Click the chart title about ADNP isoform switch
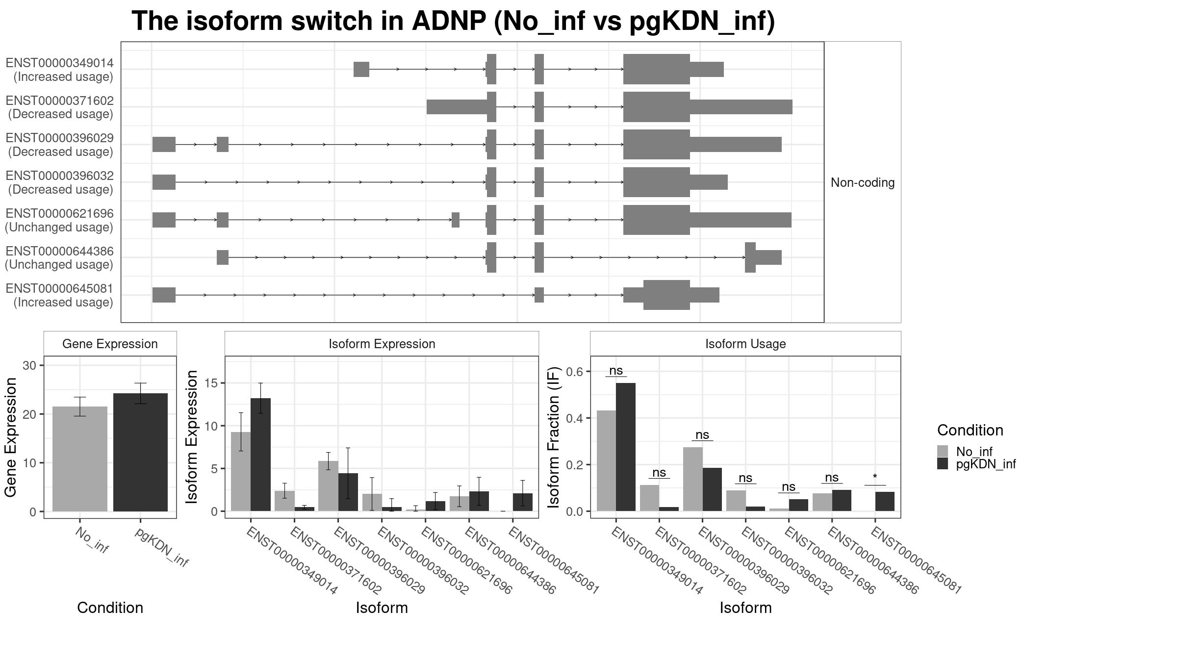click(x=453, y=22)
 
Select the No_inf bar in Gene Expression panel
click(x=79, y=458)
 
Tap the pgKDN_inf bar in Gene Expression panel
click(x=140, y=452)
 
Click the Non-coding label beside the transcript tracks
click(x=862, y=183)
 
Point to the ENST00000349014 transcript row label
click(x=60, y=70)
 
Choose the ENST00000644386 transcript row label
click(x=60, y=258)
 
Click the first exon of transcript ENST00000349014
click(x=361, y=70)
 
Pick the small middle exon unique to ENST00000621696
click(x=455, y=220)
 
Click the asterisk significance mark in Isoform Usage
click(x=875, y=477)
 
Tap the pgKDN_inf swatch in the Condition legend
click(x=943, y=464)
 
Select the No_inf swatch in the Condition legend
click(x=943, y=451)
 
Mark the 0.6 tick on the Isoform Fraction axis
click(x=576, y=372)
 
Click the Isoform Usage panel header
click(x=745, y=344)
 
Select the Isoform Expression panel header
click(x=382, y=344)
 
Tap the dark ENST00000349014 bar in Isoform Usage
click(x=625, y=447)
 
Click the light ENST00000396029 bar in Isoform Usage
click(x=692, y=479)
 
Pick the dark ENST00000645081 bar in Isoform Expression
click(x=522, y=503)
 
